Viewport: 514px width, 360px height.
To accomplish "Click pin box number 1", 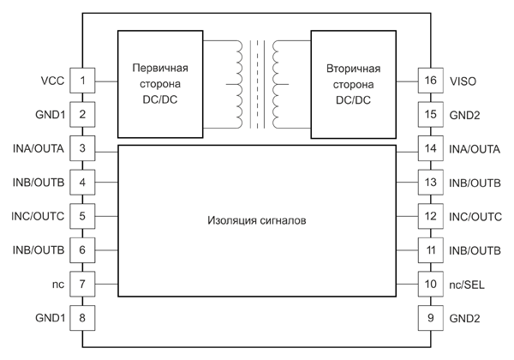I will tap(82, 81).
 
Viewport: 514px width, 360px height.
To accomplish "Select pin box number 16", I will tap(430, 81).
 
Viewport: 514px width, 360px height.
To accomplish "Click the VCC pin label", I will tap(52, 81).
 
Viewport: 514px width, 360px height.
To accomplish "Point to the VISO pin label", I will tap(463, 81).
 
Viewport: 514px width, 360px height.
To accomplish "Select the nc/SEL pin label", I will tap(467, 284).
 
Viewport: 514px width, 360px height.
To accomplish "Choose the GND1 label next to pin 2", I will tap(50, 114).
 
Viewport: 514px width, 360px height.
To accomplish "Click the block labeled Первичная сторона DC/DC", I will tap(159, 83).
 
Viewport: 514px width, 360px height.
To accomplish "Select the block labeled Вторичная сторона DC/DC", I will tap(354, 83).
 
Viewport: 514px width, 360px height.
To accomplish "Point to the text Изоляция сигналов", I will tap(257, 219).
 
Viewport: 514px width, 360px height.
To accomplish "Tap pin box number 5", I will tap(82, 215).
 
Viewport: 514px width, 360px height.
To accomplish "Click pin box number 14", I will tap(430, 148).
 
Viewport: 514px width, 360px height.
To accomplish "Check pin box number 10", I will tap(430, 284).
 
